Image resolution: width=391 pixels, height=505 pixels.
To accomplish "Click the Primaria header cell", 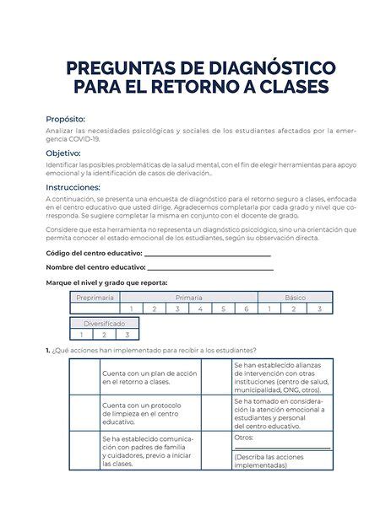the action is (x=188, y=298).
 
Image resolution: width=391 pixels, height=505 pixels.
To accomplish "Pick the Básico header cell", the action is (x=295, y=298).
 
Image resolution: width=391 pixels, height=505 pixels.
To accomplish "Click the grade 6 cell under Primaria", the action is (x=247, y=309).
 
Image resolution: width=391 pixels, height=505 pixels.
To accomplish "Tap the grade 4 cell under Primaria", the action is (x=200, y=309).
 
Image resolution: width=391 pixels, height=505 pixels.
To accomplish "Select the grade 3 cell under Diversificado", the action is (x=127, y=335).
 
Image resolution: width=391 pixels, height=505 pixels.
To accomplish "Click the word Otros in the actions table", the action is (x=244, y=438).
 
